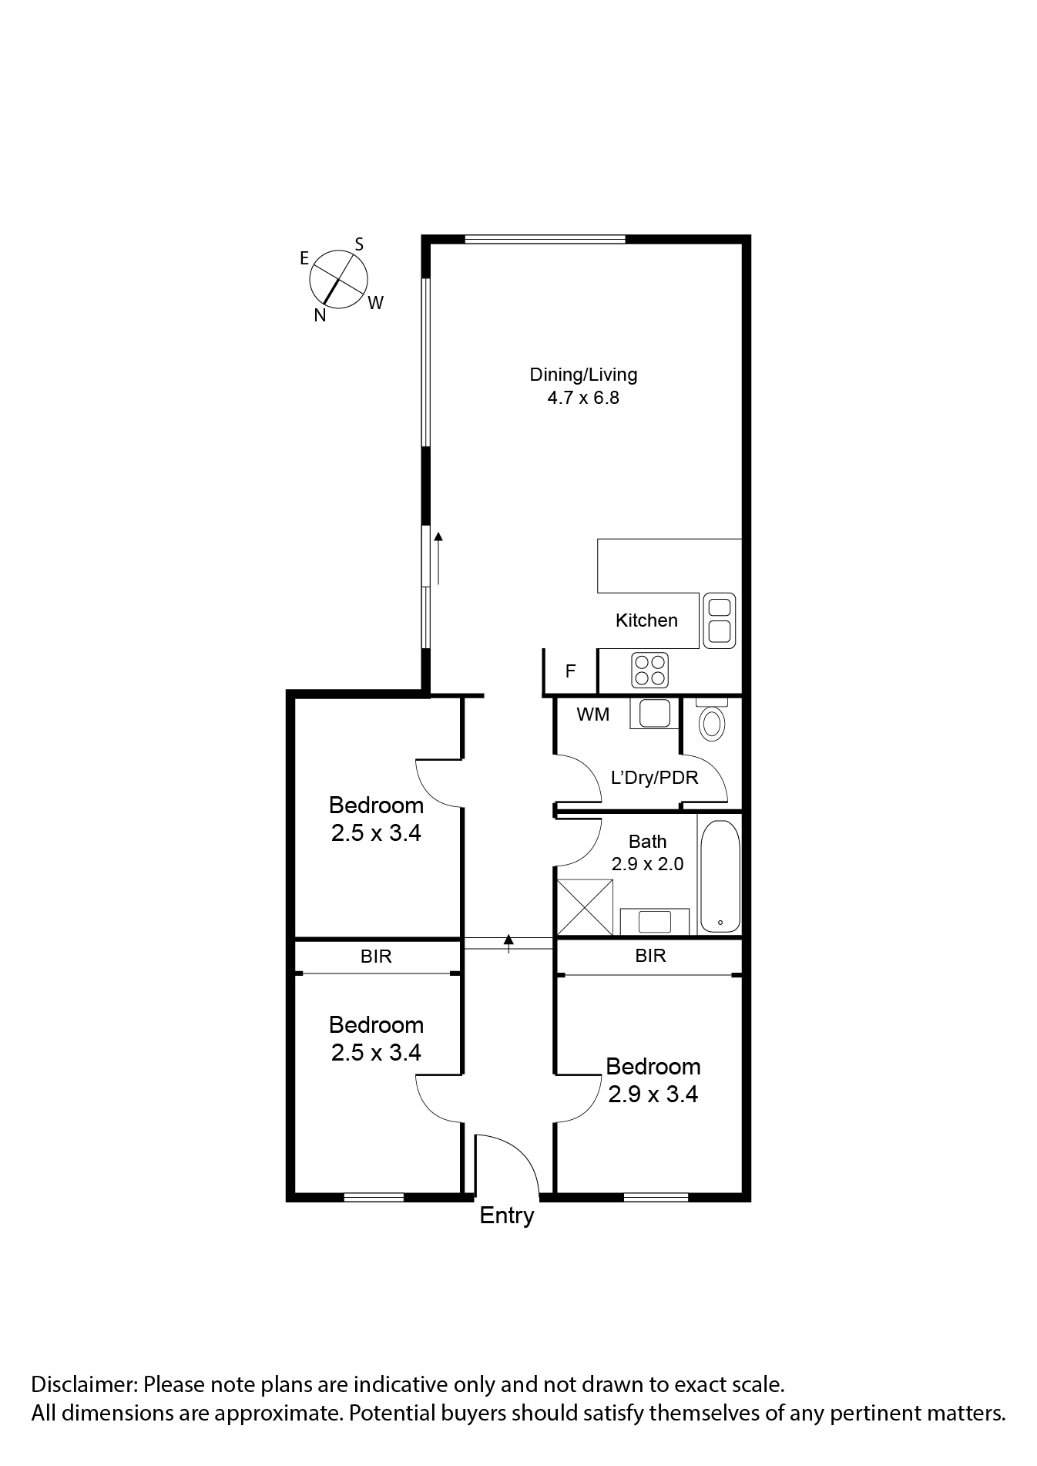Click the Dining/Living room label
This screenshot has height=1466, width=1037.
(x=583, y=375)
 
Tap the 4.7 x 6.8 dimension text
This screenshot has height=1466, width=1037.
(x=583, y=398)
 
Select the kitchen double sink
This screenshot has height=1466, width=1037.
(x=719, y=620)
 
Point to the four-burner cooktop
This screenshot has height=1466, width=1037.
(x=649, y=670)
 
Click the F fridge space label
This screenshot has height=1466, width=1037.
(x=570, y=671)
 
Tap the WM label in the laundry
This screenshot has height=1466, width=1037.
(x=592, y=715)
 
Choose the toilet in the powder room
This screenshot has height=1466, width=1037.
(x=711, y=722)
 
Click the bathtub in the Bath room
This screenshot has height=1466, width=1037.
(x=720, y=876)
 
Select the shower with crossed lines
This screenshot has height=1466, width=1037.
(x=585, y=908)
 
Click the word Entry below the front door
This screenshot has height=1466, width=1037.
(x=506, y=1216)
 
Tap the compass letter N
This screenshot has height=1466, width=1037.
(x=320, y=315)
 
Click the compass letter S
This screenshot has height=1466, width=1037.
(x=359, y=244)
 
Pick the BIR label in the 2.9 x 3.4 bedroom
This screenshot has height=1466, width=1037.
(x=650, y=956)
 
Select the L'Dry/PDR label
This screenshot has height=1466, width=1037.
(x=654, y=778)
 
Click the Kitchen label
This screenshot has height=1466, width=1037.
(x=646, y=620)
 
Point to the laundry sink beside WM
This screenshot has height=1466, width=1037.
(x=654, y=713)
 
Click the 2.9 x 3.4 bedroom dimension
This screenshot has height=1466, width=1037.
(x=653, y=1094)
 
